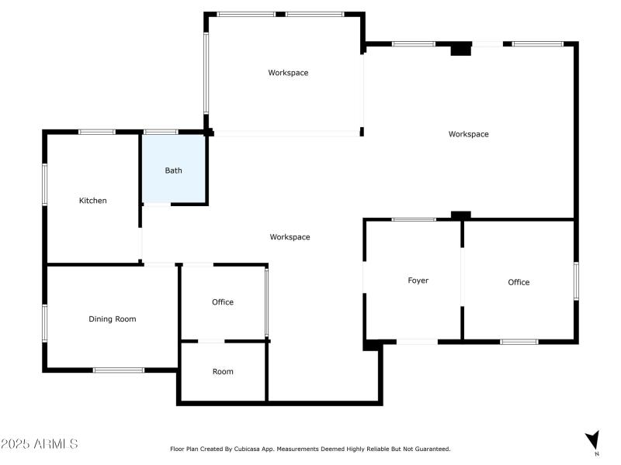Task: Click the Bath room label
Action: [173, 170]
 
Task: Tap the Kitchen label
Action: [93, 201]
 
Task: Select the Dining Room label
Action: [113, 319]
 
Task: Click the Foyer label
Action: [418, 281]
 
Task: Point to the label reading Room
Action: [223, 371]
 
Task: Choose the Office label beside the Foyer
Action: [519, 282]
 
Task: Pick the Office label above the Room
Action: [223, 302]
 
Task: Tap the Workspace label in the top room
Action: [288, 73]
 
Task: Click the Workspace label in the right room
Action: [468, 134]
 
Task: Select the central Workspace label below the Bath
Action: [290, 237]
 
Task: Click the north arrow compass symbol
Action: [592, 440]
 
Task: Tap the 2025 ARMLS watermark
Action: [40, 444]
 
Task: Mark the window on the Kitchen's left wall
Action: [45, 184]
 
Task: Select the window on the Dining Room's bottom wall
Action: [119, 370]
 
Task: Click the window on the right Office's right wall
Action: [576, 281]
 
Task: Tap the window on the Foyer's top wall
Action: [413, 219]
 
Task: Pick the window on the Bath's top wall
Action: [161, 132]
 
